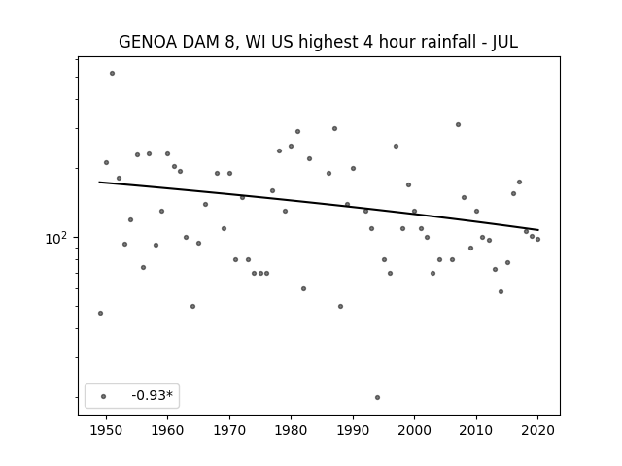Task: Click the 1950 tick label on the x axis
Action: point(106,430)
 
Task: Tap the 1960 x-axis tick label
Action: point(167,430)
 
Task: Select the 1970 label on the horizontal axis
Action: point(229,430)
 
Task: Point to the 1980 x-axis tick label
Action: point(291,430)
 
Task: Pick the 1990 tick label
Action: point(353,430)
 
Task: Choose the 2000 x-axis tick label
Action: point(414,430)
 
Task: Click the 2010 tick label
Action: point(476,430)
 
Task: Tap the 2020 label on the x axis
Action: point(537,430)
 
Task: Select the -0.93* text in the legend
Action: point(153,395)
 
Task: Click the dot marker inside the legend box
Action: point(103,396)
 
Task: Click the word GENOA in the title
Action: point(148,42)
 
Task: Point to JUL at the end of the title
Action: point(505,42)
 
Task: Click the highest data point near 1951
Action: point(113,74)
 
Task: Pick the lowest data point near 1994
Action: point(377,397)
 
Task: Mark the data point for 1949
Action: point(100,313)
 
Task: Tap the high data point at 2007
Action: point(458,125)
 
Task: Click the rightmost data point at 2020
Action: point(537,240)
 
